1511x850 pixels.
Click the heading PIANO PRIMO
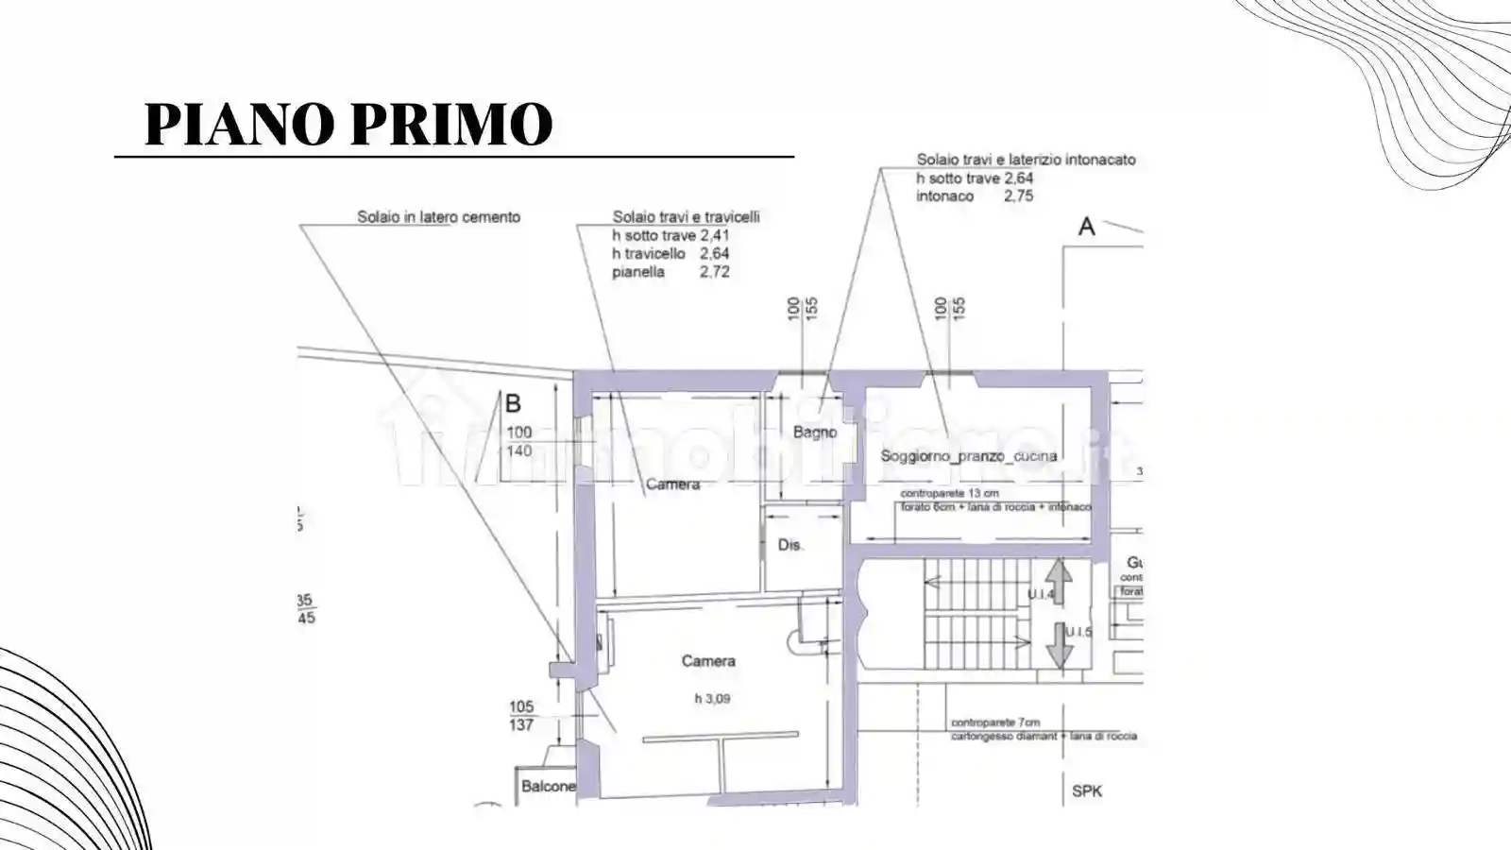coord(348,124)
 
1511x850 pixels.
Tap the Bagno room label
coord(814,432)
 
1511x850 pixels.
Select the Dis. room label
coord(789,545)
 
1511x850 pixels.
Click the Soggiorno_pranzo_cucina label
coord(968,456)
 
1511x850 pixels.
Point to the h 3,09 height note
coord(712,699)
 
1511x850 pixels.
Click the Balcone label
coord(548,786)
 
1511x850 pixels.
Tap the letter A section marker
coord(1087,227)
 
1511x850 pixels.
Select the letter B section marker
coord(513,404)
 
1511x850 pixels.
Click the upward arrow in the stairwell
coord(1059,580)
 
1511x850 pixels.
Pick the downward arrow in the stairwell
coord(1059,645)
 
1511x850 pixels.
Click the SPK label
coord(1087,791)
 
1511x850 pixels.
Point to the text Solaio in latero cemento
coord(438,217)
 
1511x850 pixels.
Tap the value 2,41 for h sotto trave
coord(715,235)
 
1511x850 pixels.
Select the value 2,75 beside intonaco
coord(1018,196)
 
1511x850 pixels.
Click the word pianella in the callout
coord(638,272)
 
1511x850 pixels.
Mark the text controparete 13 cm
coord(949,494)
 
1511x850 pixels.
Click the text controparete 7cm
coord(995,722)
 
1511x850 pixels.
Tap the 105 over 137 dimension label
coord(521,716)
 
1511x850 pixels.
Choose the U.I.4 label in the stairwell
coord(1040,594)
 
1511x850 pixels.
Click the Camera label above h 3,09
coord(708,661)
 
